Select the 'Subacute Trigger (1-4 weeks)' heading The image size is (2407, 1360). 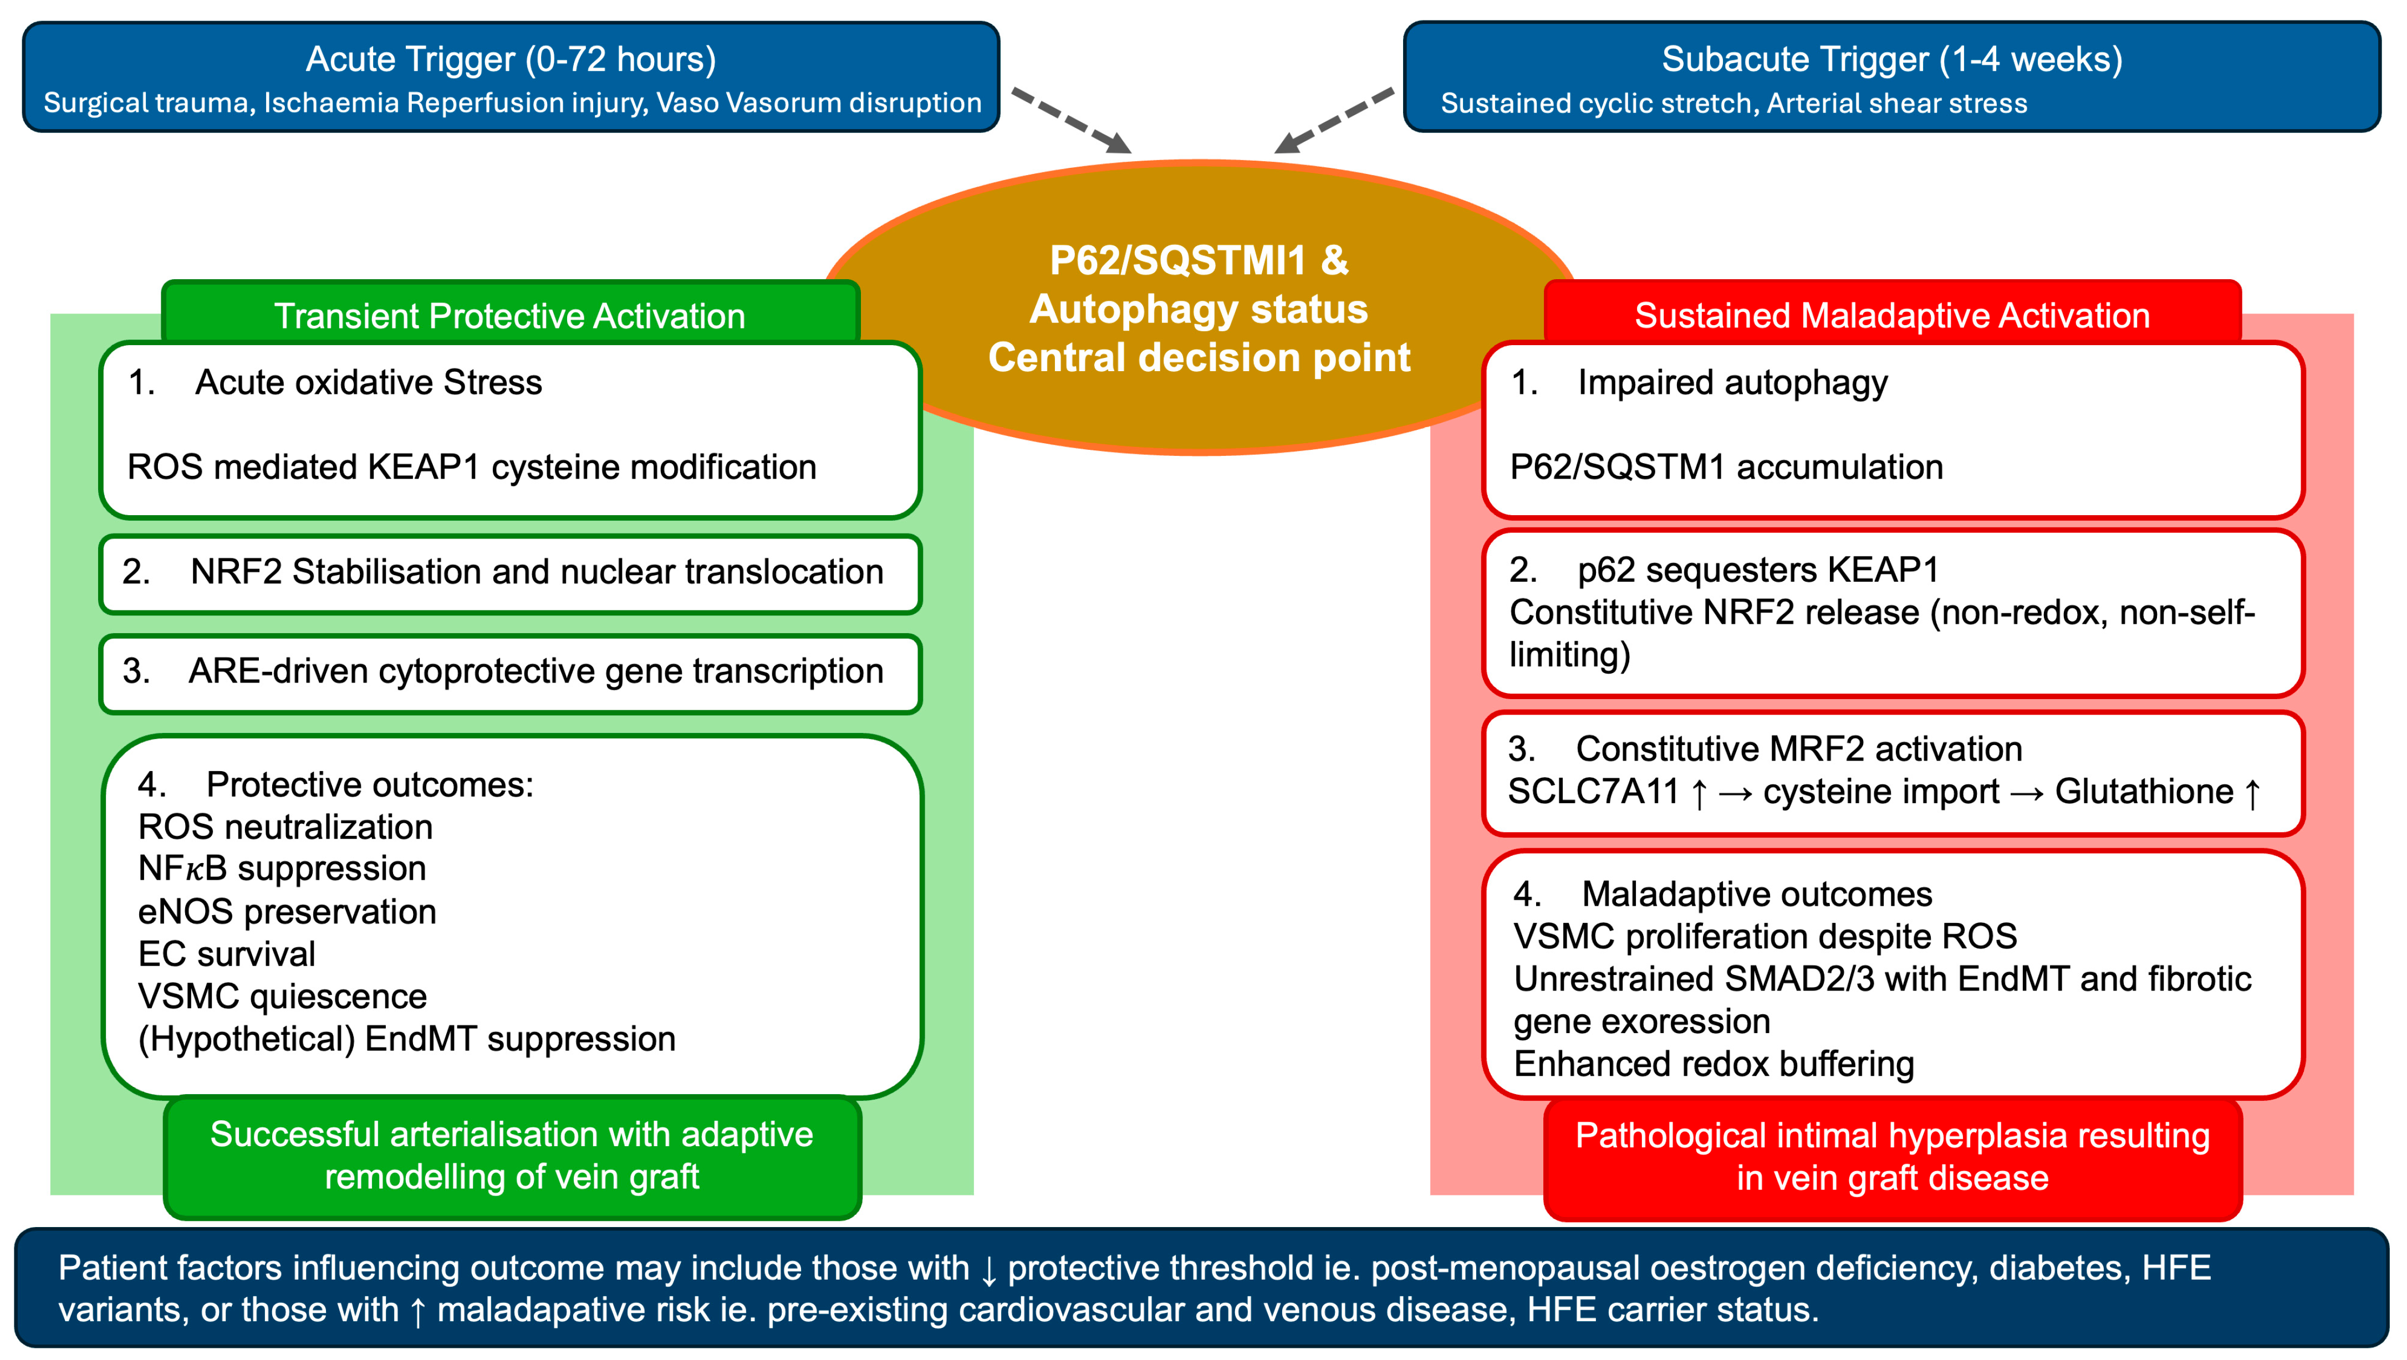point(1891,59)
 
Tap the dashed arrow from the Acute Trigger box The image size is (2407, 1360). point(1071,120)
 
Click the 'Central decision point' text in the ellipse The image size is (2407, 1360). point(1199,358)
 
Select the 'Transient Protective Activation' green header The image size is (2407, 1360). point(509,316)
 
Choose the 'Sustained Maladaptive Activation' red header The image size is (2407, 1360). point(1891,316)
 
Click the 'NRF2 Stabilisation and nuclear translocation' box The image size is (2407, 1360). point(510,572)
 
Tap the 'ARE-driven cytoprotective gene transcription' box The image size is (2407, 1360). point(510,671)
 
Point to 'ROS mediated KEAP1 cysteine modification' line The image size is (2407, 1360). point(471,467)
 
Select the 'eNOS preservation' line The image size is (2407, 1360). point(287,912)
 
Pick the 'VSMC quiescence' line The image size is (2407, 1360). point(282,997)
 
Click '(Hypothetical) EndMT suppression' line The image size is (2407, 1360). point(406,1039)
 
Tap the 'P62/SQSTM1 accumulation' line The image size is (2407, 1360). point(1726,467)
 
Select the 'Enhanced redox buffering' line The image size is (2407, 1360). point(1714,1064)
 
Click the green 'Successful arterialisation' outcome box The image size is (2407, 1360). point(511,1156)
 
